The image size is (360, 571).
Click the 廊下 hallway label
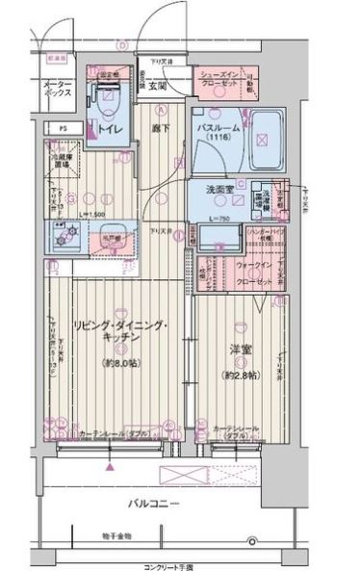[x=161, y=126]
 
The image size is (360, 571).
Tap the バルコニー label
[x=155, y=503]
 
